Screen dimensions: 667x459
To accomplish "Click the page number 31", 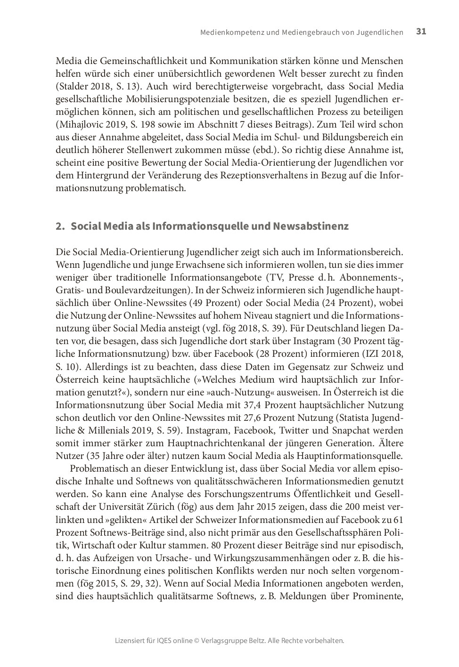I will (x=421, y=32).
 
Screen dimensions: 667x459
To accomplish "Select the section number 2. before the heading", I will (x=59, y=226).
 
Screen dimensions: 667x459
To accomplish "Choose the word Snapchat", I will (x=352, y=430).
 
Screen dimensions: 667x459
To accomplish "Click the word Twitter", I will (x=294, y=430).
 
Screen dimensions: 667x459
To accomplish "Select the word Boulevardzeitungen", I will (x=151, y=290).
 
